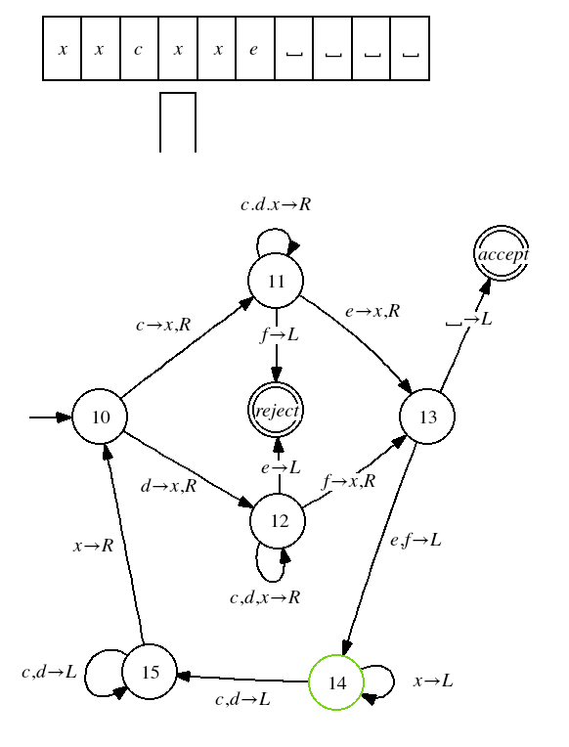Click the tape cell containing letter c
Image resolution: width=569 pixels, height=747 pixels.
point(139,49)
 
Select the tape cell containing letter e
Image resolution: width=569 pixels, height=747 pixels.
point(255,49)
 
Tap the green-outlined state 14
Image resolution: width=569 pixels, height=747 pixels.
point(336,682)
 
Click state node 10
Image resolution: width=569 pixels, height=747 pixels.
point(100,417)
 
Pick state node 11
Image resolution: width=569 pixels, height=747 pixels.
point(276,281)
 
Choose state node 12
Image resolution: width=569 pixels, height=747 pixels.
point(278,521)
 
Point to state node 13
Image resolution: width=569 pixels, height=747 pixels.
point(427,417)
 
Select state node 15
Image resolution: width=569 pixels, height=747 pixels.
point(150,672)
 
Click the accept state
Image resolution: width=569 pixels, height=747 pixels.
point(502,253)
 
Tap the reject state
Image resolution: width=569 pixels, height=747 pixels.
point(276,411)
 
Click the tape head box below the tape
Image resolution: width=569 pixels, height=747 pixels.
point(178,122)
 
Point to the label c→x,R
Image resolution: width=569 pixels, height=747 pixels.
point(163,325)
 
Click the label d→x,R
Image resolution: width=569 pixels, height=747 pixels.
point(169,486)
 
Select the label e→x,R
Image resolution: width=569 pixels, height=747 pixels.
point(372,311)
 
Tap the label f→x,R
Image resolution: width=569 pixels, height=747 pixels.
point(349,481)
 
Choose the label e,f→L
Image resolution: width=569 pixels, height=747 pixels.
point(416,541)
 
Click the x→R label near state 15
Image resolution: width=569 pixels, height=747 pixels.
point(94,546)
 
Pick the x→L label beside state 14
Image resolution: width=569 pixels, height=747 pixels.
point(433,681)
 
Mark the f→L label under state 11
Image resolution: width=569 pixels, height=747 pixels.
point(280,335)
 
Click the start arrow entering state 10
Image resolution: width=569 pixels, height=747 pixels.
point(51,417)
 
